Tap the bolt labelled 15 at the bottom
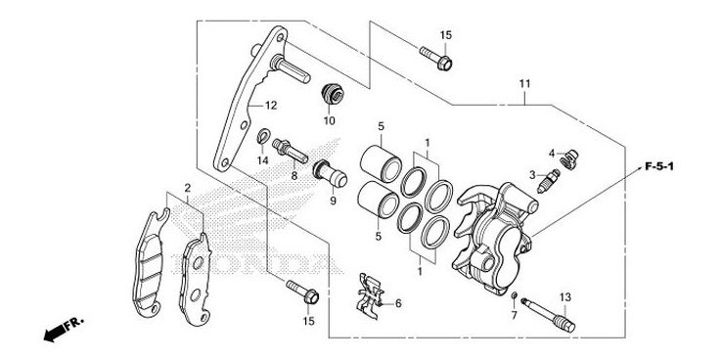click(300, 291)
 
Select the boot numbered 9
click(333, 176)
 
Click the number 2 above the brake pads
click(186, 186)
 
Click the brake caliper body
click(494, 230)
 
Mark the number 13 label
click(564, 296)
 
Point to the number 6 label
click(398, 303)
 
